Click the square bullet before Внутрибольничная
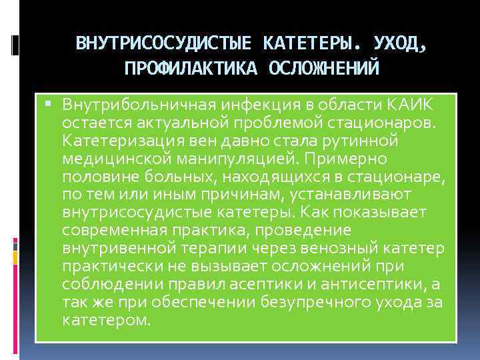54,105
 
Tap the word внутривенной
117,249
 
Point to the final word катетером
106,320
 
